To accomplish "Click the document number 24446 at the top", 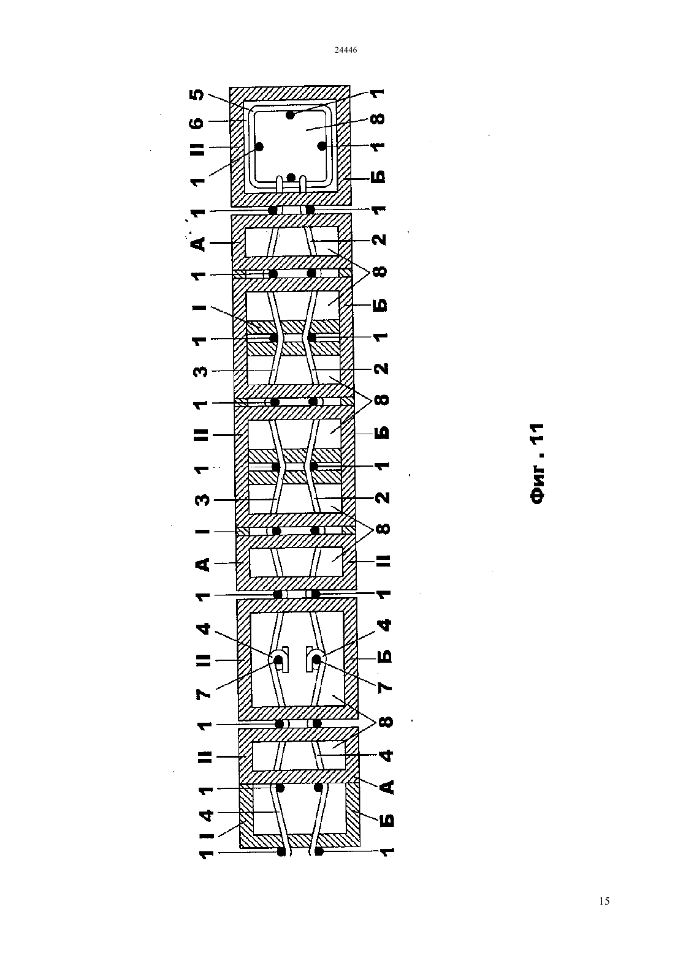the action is [x=345, y=50].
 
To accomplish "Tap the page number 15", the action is [x=604, y=901].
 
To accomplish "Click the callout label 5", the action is [x=199, y=94].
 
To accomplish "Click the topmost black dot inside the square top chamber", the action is [x=290, y=115].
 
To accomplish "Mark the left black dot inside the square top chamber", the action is [x=259, y=147].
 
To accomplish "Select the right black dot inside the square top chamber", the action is [x=321, y=146].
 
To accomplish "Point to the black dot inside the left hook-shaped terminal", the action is [x=278, y=660].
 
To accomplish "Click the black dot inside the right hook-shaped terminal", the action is [x=316, y=660].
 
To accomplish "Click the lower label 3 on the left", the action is [x=204, y=500].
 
